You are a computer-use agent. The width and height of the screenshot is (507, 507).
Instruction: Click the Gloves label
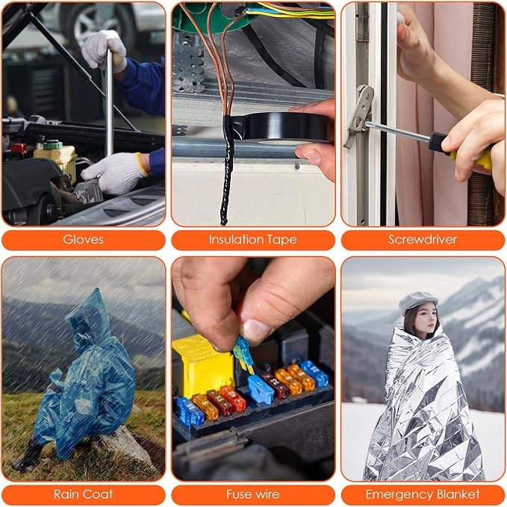click(x=83, y=240)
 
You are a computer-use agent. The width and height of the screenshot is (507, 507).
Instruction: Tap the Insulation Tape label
click(x=253, y=240)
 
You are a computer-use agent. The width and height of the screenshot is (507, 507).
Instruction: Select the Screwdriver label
click(x=423, y=240)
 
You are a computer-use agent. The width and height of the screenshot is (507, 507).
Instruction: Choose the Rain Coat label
click(x=83, y=494)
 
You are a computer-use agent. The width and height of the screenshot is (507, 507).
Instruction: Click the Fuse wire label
click(x=253, y=494)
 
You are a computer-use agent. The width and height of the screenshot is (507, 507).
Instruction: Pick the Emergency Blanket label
click(x=423, y=495)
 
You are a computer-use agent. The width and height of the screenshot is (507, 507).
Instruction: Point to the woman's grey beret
click(x=417, y=302)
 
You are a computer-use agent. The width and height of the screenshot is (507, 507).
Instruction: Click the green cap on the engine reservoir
click(x=52, y=145)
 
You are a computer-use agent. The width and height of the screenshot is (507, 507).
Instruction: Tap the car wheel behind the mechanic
click(x=94, y=23)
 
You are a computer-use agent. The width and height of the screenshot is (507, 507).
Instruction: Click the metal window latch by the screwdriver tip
click(x=359, y=116)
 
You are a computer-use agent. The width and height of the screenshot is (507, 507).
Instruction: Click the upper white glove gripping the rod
click(x=104, y=50)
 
